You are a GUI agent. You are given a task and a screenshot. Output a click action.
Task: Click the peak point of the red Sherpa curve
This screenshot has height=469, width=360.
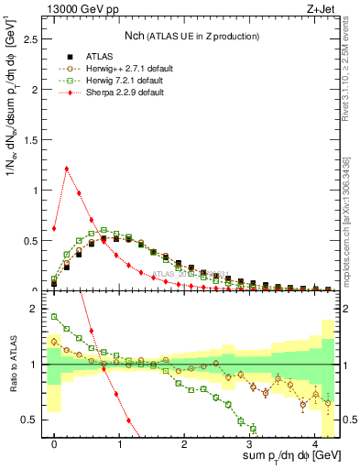(67, 168)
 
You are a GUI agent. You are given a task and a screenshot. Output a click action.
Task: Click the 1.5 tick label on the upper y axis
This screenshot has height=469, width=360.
(35, 140)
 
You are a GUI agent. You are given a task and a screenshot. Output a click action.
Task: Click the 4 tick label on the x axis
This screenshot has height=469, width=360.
(314, 442)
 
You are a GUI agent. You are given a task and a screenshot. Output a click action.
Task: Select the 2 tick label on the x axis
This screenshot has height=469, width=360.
(184, 442)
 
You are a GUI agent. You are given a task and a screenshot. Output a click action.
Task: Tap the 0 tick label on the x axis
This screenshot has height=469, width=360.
(54, 442)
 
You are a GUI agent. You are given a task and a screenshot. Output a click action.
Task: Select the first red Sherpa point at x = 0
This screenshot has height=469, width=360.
(54, 228)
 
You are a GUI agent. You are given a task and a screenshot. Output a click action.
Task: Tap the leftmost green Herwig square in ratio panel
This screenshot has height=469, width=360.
(54, 317)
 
